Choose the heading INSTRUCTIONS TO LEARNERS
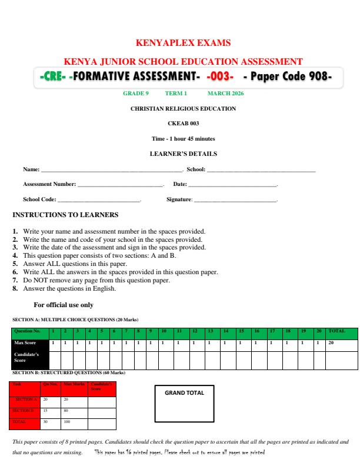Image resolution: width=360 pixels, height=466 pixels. pyautogui.click(x=65, y=215)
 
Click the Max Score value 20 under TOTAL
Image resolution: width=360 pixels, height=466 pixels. pyautogui.click(x=331, y=342)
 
